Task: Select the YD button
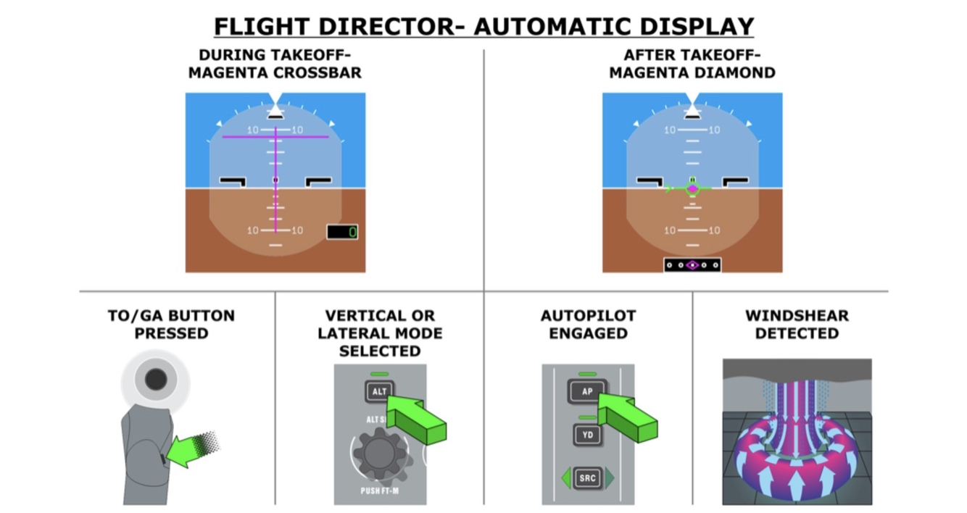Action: (586, 435)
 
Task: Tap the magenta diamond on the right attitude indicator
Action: (692, 189)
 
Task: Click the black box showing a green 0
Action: (342, 232)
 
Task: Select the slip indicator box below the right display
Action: (692, 265)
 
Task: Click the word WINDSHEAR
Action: (797, 316)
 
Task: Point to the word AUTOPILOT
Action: (588, 316)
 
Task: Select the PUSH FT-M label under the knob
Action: (381, 491)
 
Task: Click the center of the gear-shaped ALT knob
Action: (381, 453)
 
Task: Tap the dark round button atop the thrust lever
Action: (156, 379)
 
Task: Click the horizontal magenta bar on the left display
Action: (275, 136)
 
